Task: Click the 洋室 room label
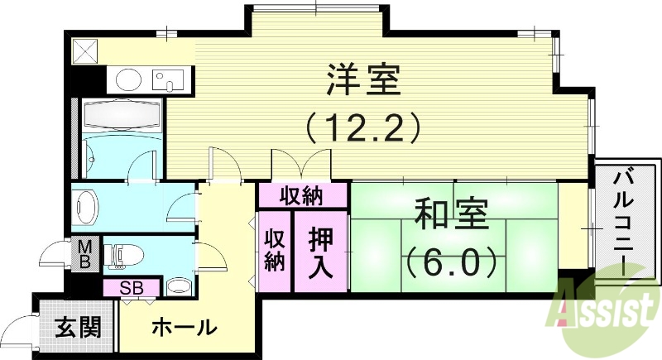click(x=363, y=81)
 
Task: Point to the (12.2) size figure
click(x=364, y=127)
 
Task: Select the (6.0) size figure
click(x=452, y=263)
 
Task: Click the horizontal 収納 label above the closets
click(x=301, y=196)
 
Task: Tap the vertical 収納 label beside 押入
click(x=275, y=251)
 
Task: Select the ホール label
click(x=185, y=327)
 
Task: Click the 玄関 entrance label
click(x=79, y=327)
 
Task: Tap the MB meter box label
click(x=85, y=255)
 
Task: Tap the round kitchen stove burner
click(x=128, y=80)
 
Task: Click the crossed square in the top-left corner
click(x=84, y=50)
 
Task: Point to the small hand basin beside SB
click(x=178, y=286)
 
